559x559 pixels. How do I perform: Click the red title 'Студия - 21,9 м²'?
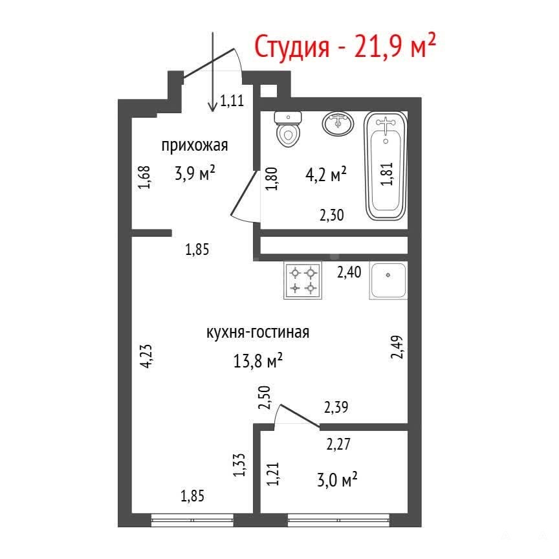(345, 47)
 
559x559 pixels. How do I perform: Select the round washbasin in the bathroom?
(338, 124)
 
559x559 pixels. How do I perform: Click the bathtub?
(386, 166)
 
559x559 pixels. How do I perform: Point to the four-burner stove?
(303, 280)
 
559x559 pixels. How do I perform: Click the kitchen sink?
(388, 280)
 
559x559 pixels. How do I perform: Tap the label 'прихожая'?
(195, 146)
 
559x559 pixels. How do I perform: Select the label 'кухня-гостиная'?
(258, 333)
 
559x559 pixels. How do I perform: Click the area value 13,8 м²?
(258, 360)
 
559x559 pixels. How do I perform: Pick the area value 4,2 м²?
(326, 174)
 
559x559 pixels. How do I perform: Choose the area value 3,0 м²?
(337, 479)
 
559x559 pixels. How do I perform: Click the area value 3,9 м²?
(195, 173)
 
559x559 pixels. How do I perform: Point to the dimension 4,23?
(146, 355)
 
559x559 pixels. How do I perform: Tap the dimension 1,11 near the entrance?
(232, 101)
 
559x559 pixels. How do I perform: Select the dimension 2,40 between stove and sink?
(349, 272)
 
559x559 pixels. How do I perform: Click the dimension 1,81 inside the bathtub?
(387, 173)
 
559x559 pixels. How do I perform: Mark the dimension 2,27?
(338, 444)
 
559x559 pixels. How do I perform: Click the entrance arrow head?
(213, 106)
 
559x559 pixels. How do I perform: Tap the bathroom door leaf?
(244, 193)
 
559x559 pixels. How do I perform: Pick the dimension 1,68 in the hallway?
(145, 177)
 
